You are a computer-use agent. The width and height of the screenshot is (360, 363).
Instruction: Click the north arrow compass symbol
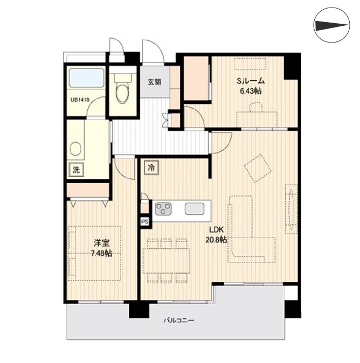pyautogui.click(x=331, y=25)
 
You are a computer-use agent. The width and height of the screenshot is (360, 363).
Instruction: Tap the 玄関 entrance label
pyautogui.click(x=155, y=82)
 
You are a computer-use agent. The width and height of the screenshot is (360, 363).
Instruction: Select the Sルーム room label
pyautogui.click(x=251, y=81)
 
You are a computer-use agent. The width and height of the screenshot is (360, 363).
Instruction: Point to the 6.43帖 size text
pyautogui.click(x=251, y=91)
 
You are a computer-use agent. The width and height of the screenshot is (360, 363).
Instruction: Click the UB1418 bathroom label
pyautogui.click(x=80, y=100)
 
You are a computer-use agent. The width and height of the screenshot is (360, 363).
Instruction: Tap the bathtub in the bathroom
pyautogui.click(x=86, y=78)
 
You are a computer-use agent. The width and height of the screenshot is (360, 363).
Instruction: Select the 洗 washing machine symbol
pyautogui.click(x=77, y=170)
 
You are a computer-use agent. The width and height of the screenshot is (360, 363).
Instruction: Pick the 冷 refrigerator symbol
pyautogui.click(x=152, y=167)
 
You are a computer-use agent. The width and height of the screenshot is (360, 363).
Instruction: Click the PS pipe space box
pyautogui.click(x=145, y=222)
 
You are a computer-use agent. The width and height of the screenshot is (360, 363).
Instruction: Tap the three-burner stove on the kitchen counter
pyautogui.click(x=163, y=208)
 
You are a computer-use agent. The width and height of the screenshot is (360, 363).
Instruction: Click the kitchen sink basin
pyautogui.click(x=195, y=208)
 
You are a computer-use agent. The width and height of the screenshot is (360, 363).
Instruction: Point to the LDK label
pyautogui.click(x=216, y=230)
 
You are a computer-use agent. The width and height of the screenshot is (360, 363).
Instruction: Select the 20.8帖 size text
pyautogui.click(x=216, y=240)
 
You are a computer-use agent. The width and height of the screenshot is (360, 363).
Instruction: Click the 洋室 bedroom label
pyautogui.click(x=102, y=243)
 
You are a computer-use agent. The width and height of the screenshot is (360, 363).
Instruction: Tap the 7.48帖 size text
pyautogui.click(x=102, y=253)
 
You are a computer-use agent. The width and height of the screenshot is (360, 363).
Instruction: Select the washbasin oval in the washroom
pyautogui.click(x=75, y=149)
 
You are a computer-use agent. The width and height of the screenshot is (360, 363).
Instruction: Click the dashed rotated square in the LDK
pyautogui.click(x=258, y=168)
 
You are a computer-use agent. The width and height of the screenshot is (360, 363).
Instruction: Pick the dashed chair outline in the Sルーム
pyautogui.click(x=256, y=107)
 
